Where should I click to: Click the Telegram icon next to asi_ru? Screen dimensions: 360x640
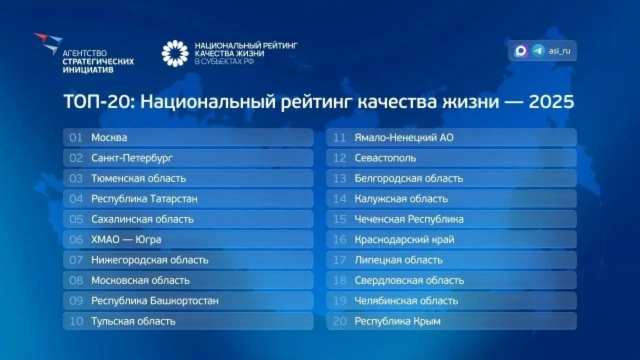click(x=538, y=51)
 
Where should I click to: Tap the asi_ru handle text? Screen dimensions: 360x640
click(x=559, y=51)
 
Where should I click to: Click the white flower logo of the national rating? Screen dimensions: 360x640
click(x=175, y=54)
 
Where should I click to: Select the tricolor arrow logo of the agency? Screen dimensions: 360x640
click(x=48, y=42)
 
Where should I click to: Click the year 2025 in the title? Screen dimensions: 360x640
click(x=551, y=102)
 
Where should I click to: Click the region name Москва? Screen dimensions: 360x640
click(x=109, y=138)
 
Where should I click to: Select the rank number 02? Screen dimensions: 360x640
click(x=76, y=158)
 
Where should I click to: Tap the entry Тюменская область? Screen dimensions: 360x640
click(x=138, y=178)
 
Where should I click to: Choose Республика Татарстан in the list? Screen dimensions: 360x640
click(x=144, y=199)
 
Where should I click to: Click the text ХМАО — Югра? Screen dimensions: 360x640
click(x=126, y=240)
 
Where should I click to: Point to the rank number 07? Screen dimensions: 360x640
click(x=76, y=260)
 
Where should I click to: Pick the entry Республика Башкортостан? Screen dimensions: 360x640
click(x=155, y=301)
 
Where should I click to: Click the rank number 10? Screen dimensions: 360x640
click(x=76, y=321)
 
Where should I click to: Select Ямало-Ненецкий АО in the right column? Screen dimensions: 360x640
click(x=404, y=138)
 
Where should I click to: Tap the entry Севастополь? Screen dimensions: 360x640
click(x=385, y=158)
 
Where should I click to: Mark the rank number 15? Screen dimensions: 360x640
click(x=340, y=219)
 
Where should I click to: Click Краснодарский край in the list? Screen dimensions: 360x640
click(x=404, y=240)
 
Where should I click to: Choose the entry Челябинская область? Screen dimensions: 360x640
click(x=406, y=301)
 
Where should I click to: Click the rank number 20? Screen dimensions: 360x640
click(x=340, y=321)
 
